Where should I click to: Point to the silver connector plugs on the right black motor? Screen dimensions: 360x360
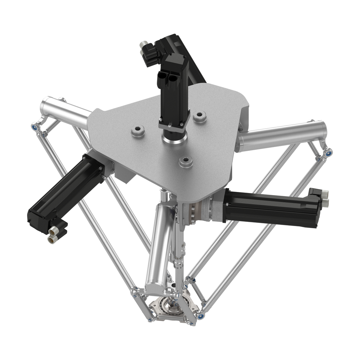click(324, 198)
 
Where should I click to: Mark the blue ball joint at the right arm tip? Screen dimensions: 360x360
click(328, 153)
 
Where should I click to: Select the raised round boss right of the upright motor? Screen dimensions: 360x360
click(200, 116)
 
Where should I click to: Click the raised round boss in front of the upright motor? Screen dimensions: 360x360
click(186, 162)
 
